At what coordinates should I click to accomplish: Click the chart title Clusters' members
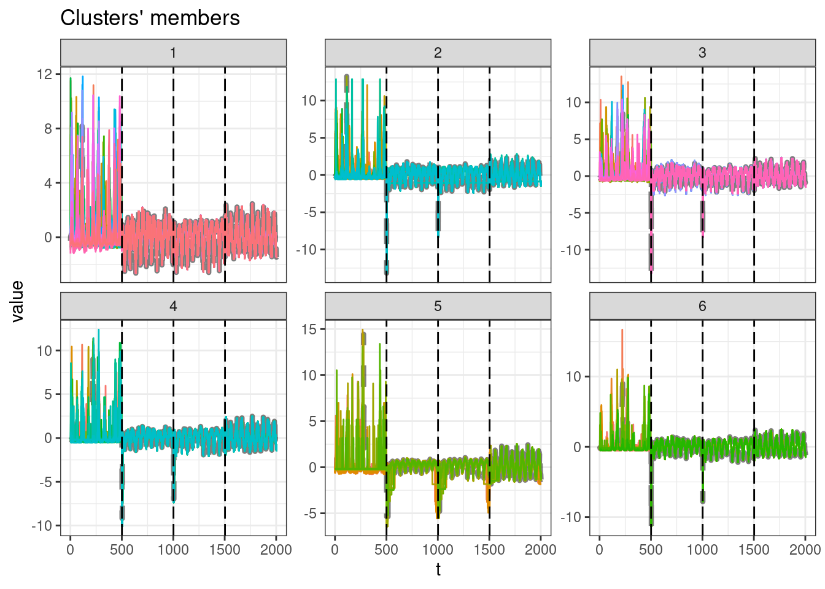(x=150, y=18)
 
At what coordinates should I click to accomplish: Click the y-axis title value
(x=17, y=301)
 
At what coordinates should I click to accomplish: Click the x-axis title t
(x=438, y=570)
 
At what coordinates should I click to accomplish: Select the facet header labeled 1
(x=173, y=53)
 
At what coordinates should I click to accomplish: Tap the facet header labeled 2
(x=438, y=53)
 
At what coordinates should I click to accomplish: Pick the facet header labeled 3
(x=702, y=53)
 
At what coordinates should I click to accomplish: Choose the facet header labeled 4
(x=173, y=306)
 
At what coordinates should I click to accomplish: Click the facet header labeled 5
(x=438, y=306)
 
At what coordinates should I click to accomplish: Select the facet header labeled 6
(x=702, y=306)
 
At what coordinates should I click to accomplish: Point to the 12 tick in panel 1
(x=44, y=74)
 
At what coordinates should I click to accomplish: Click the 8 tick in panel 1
(x=48, y=129)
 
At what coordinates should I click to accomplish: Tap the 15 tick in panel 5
(x=309, y=329)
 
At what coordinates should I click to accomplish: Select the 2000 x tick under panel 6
(x=805, y=550)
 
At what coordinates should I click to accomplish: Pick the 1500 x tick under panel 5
(x=489, y=550)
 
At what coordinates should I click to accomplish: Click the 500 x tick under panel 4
(x=122, y=550)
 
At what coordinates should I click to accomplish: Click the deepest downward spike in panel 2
(x=386, y=270)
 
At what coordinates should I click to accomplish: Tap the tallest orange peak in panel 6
(x=622, y=331)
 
